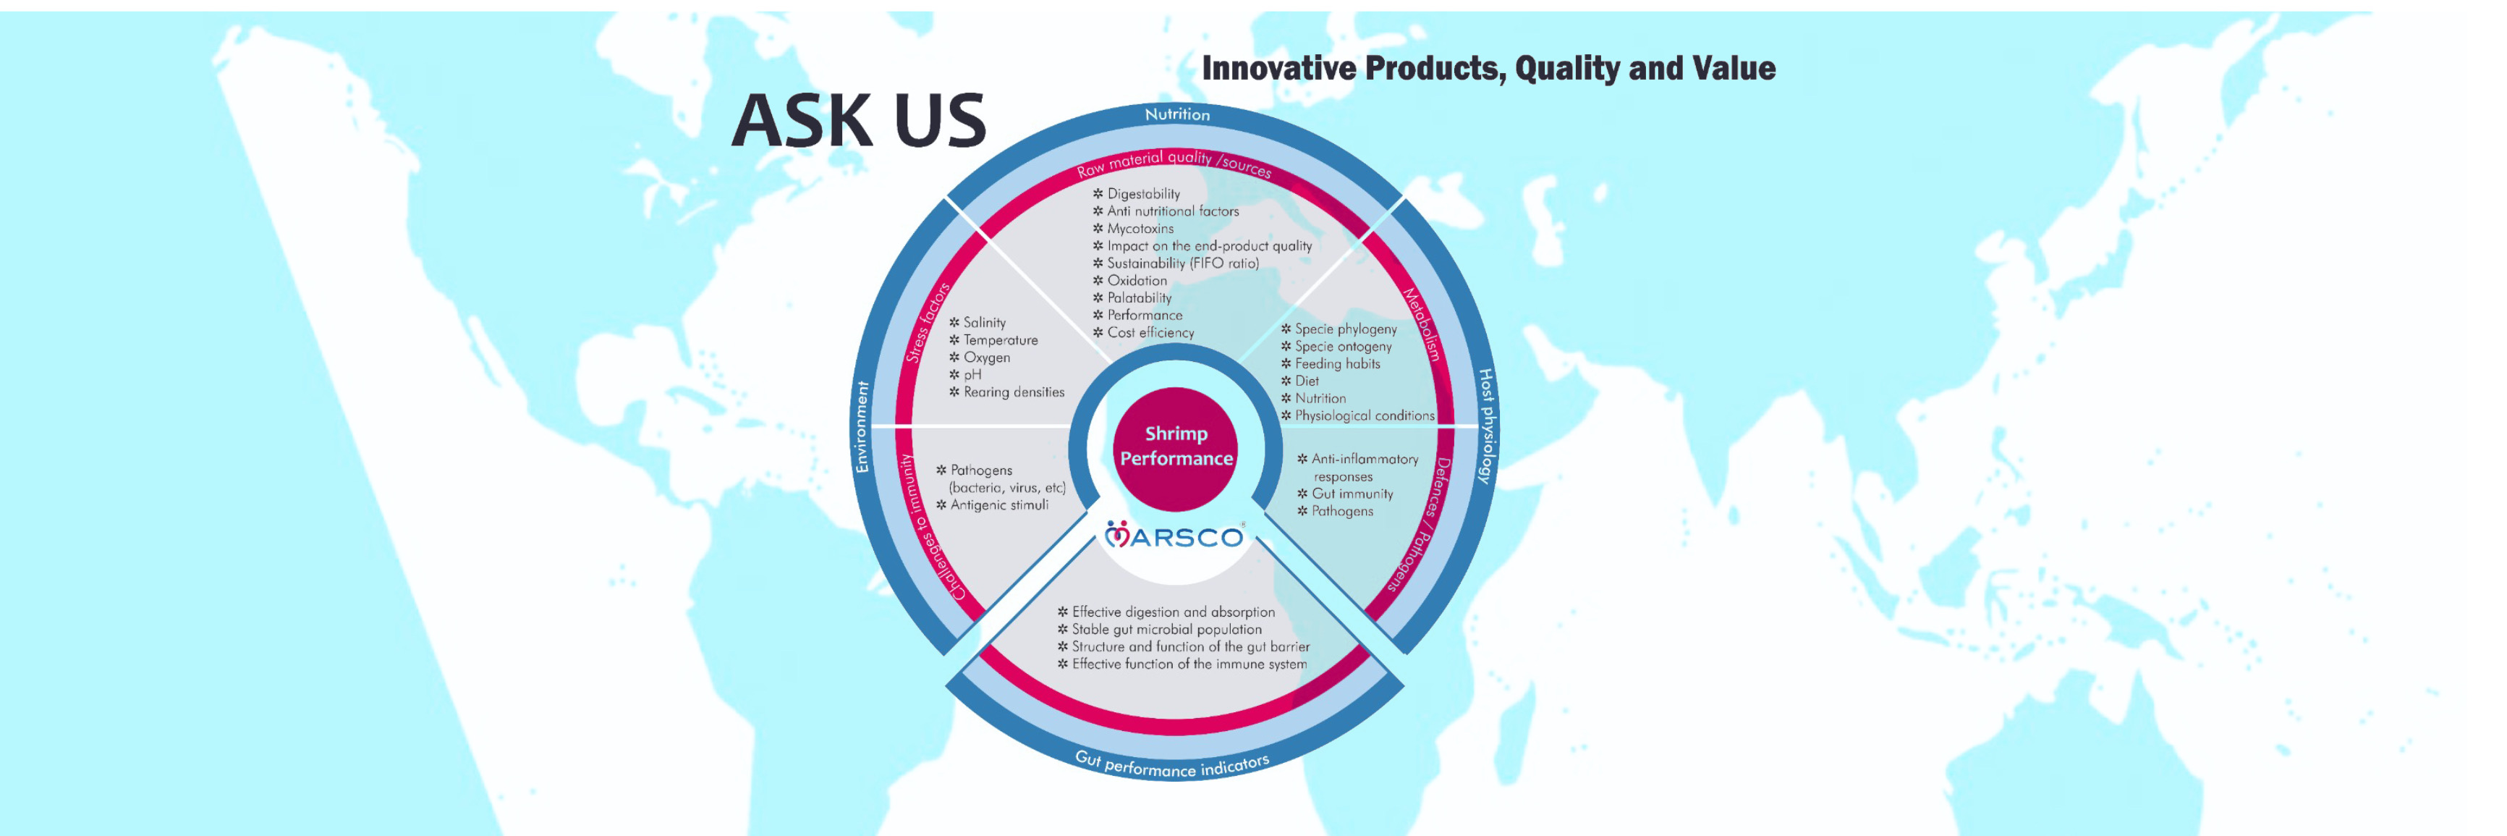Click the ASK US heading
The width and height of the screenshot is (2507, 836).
(858, 121)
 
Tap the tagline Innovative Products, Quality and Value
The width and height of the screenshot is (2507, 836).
(1488, 68)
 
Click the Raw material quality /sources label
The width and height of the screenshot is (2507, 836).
(1174, 164)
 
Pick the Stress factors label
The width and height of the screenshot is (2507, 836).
(927, 323)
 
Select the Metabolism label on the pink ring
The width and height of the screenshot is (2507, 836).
(1421, 324)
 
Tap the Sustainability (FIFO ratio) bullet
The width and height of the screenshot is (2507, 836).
(1176, 263)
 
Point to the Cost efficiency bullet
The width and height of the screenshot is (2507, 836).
(1144, 332)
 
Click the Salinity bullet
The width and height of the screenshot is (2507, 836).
(977, 322)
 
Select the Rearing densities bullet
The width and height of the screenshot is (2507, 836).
(1006, 392)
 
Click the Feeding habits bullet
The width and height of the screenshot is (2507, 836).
(1331, 364)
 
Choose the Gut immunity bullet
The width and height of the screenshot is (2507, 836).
(1345, 494)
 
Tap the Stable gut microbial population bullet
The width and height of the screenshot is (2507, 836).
(1159, 629)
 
